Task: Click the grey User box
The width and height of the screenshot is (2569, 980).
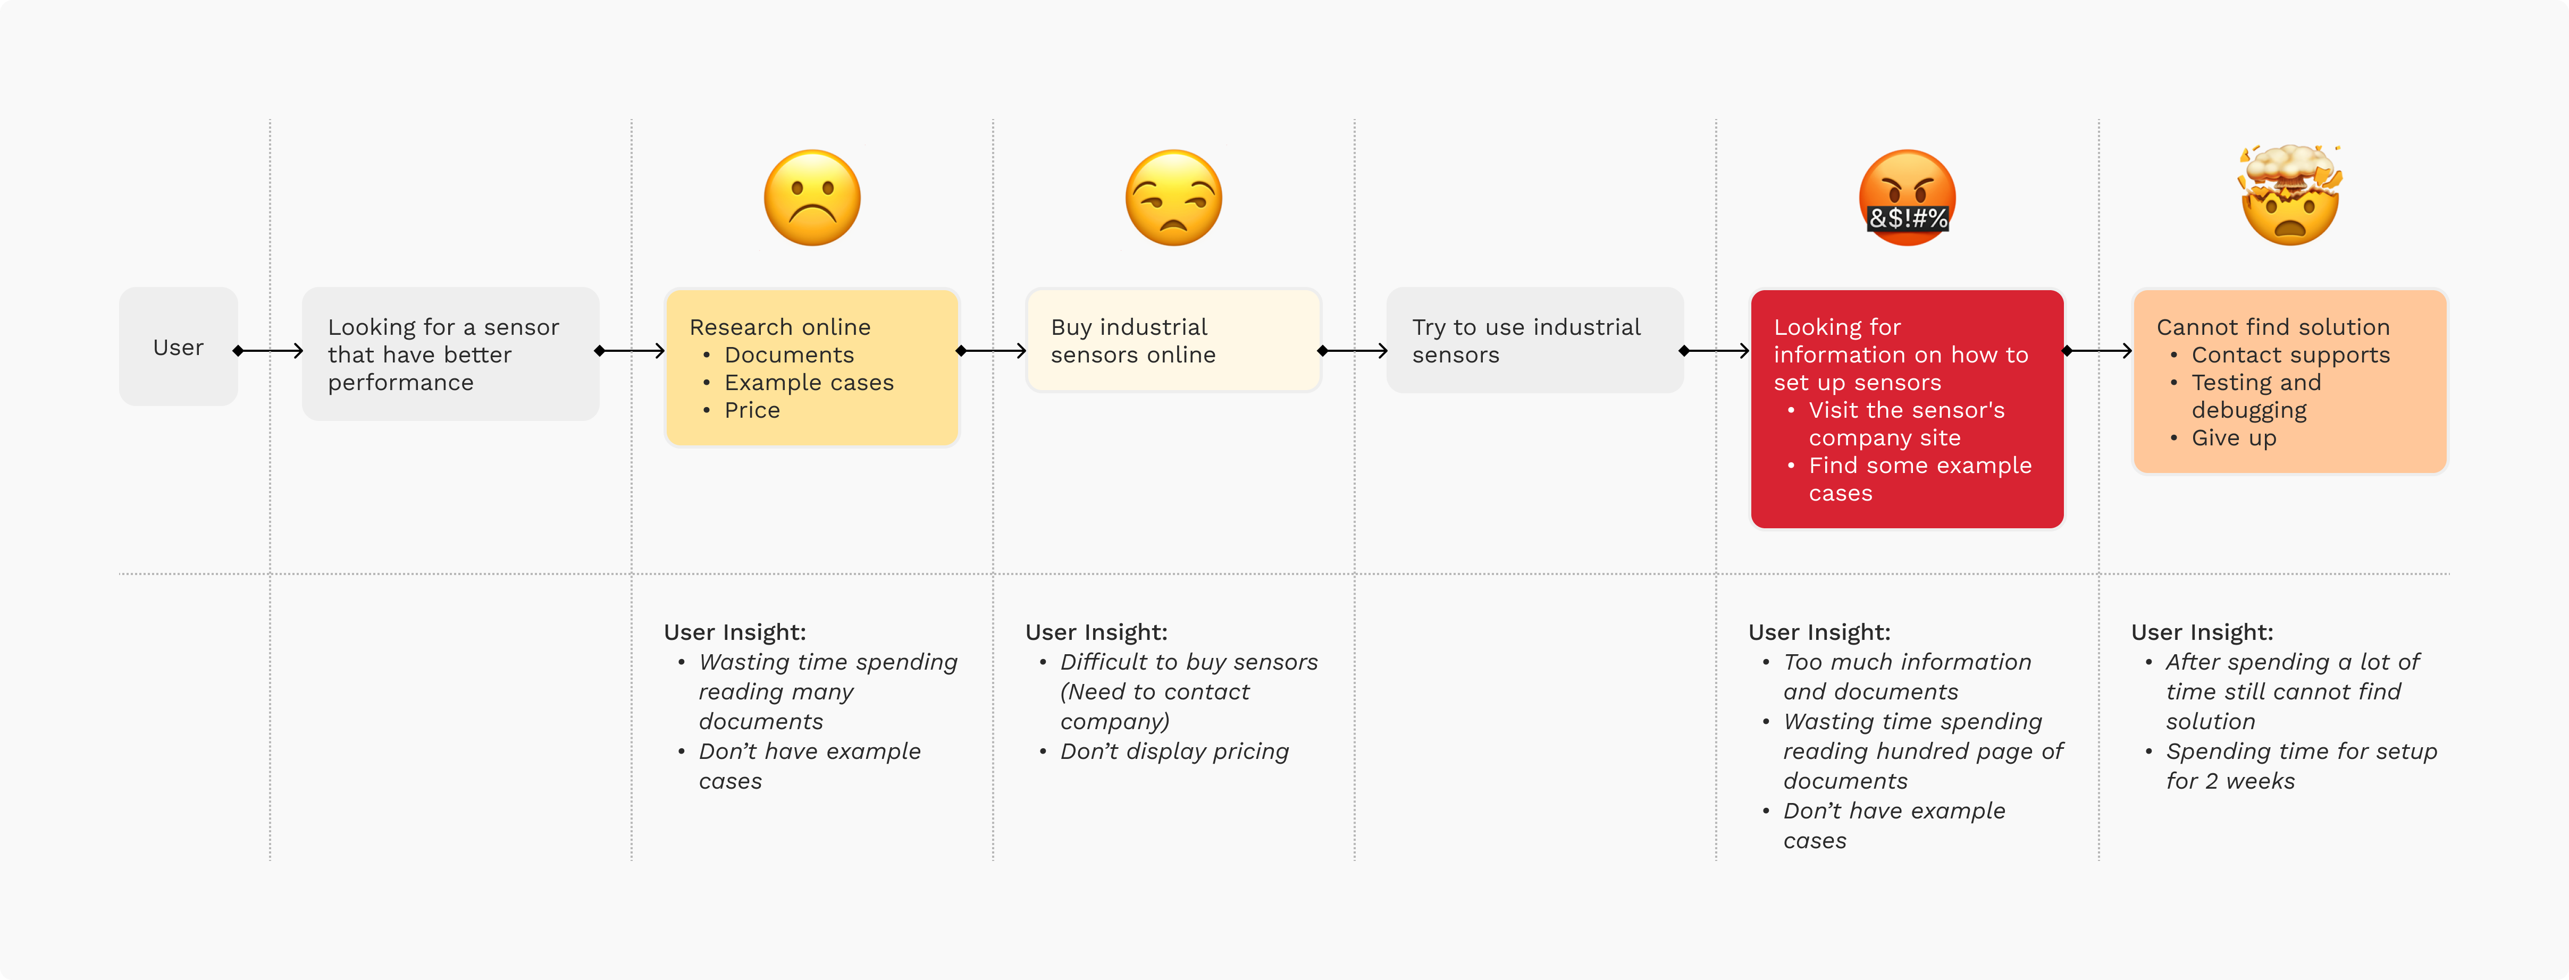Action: pyautogui.click(x=179, y=347)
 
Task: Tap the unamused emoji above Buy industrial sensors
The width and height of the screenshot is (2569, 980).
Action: pyautogui.click(x=1174, y=197)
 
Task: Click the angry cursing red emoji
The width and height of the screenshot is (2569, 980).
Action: pyautogui.click(x=1907, y=197)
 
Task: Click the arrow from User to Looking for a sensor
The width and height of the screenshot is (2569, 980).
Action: pyautogui.click(x=268, y=351)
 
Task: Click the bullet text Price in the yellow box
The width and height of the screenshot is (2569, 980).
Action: pyautogui.click(x=752, y=410)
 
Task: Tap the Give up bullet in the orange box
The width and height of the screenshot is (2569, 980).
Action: pyautogui.click(x=2234, y=438)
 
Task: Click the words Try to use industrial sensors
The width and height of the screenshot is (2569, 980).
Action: pyautogui.click(x=1526, y=341)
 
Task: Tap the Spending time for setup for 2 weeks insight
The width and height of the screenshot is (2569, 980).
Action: pyautogui.click(x=2301, y=767)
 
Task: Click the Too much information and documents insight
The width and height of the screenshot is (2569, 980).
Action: pyautogui.click(x=1907, y=677)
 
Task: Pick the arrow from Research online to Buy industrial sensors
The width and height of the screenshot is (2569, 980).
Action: pyautogui.click(x=992, y=351)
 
